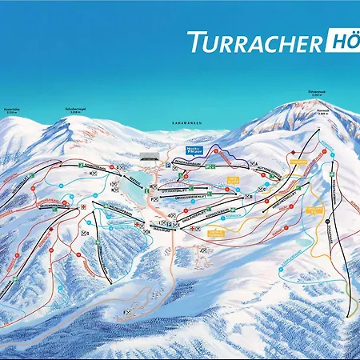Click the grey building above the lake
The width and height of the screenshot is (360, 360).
coord(147,153)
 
